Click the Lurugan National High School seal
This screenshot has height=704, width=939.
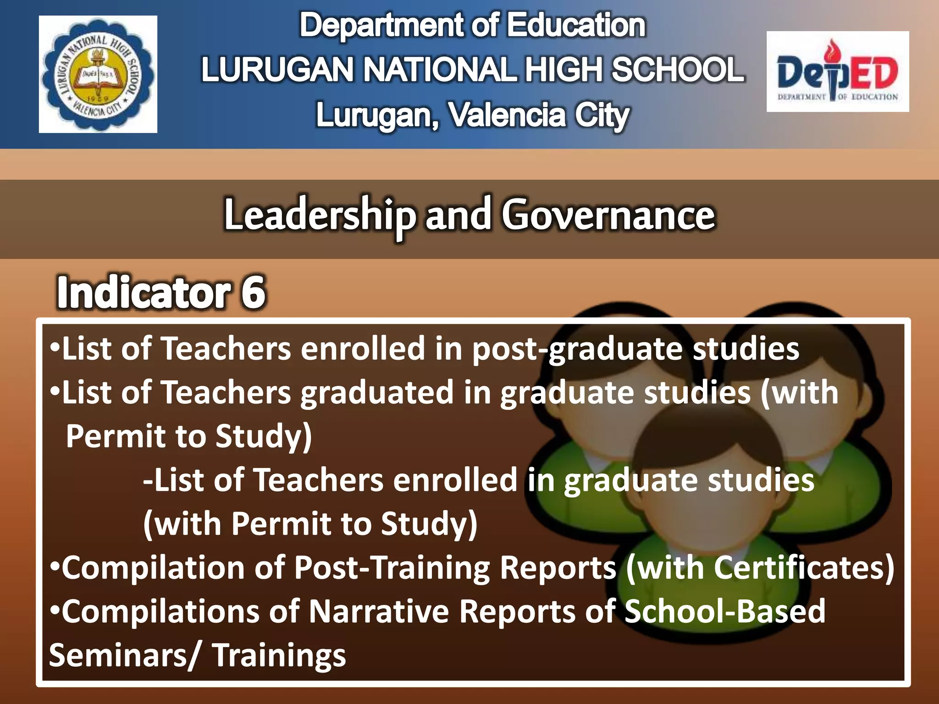(98, 74)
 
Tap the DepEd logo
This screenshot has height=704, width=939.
(837, 71)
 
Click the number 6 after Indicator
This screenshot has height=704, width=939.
(253, 292)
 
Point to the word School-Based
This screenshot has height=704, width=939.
(724, 611)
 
